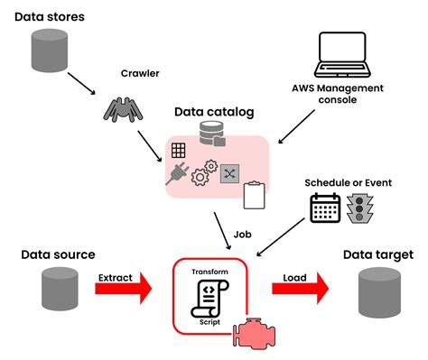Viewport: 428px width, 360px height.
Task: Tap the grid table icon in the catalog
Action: click(x=178, y=150)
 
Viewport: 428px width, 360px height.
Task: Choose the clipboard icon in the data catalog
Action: click(x=256, y=190)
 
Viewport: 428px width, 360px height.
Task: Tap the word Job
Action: click(x=242, y=233)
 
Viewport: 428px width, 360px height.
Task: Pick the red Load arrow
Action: click(x=302, y=290)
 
